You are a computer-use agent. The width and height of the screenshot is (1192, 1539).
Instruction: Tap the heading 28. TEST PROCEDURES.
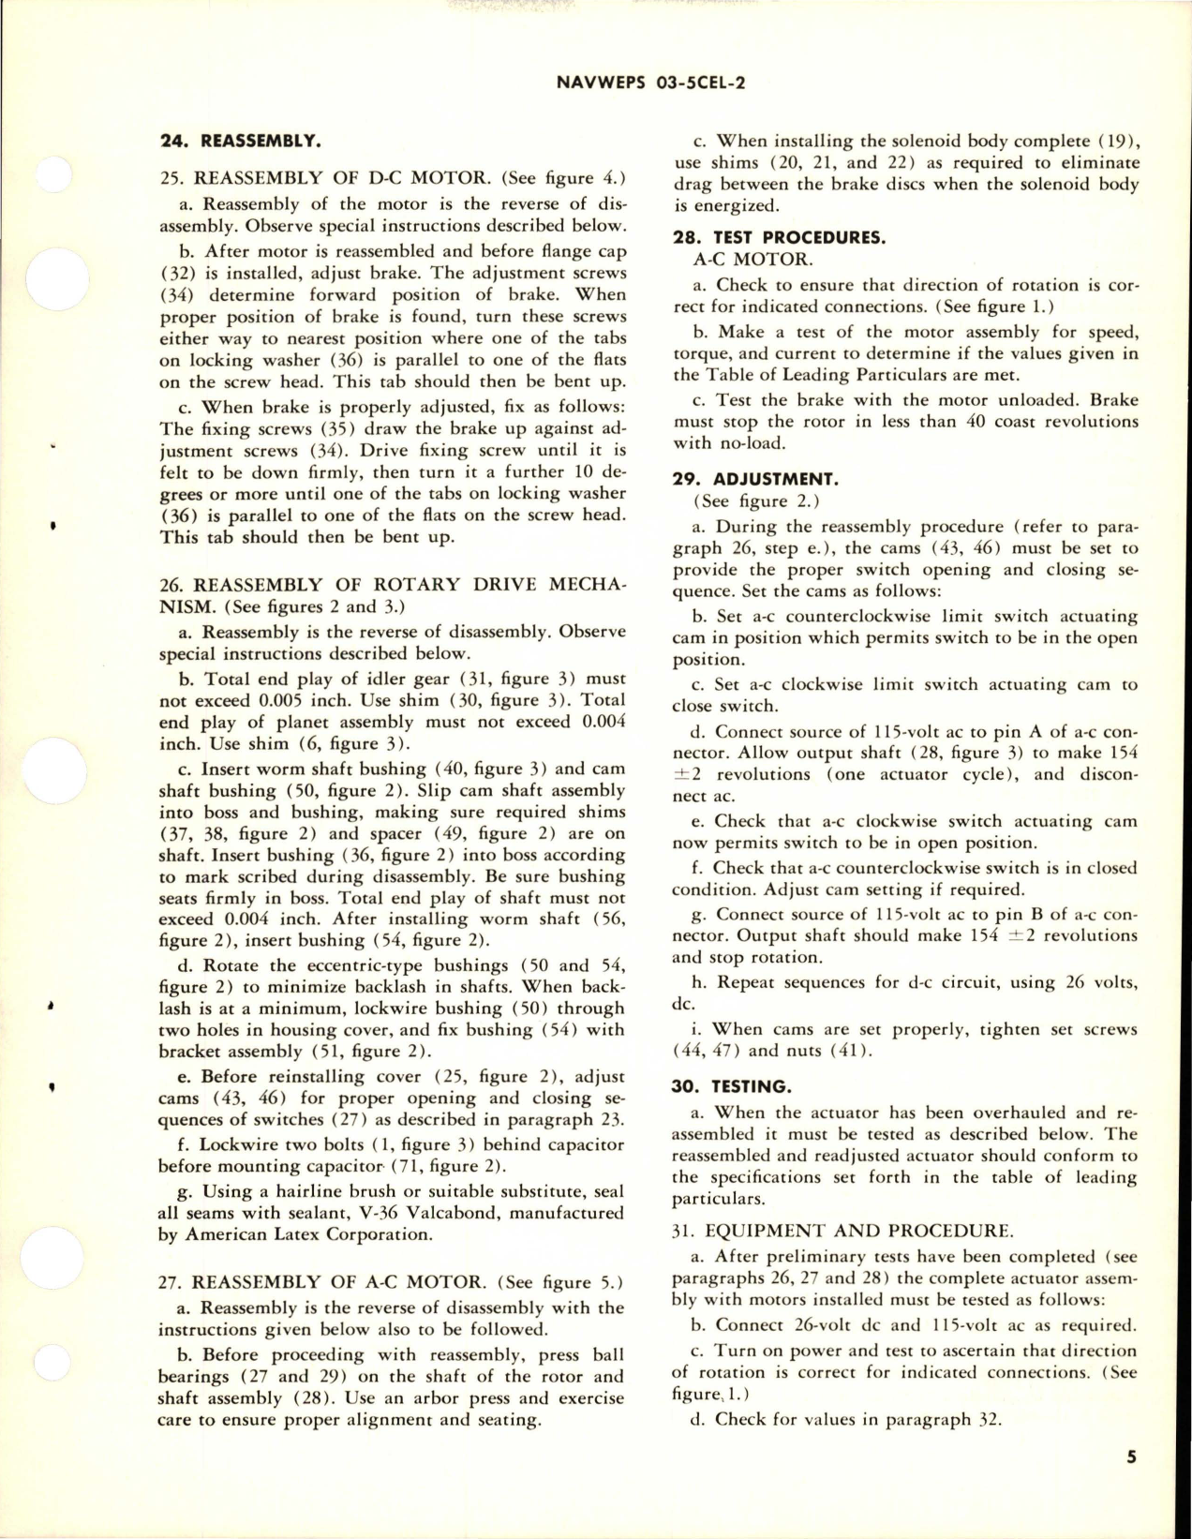763,238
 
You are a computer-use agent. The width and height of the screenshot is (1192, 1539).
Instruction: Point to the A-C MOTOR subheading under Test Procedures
745,260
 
